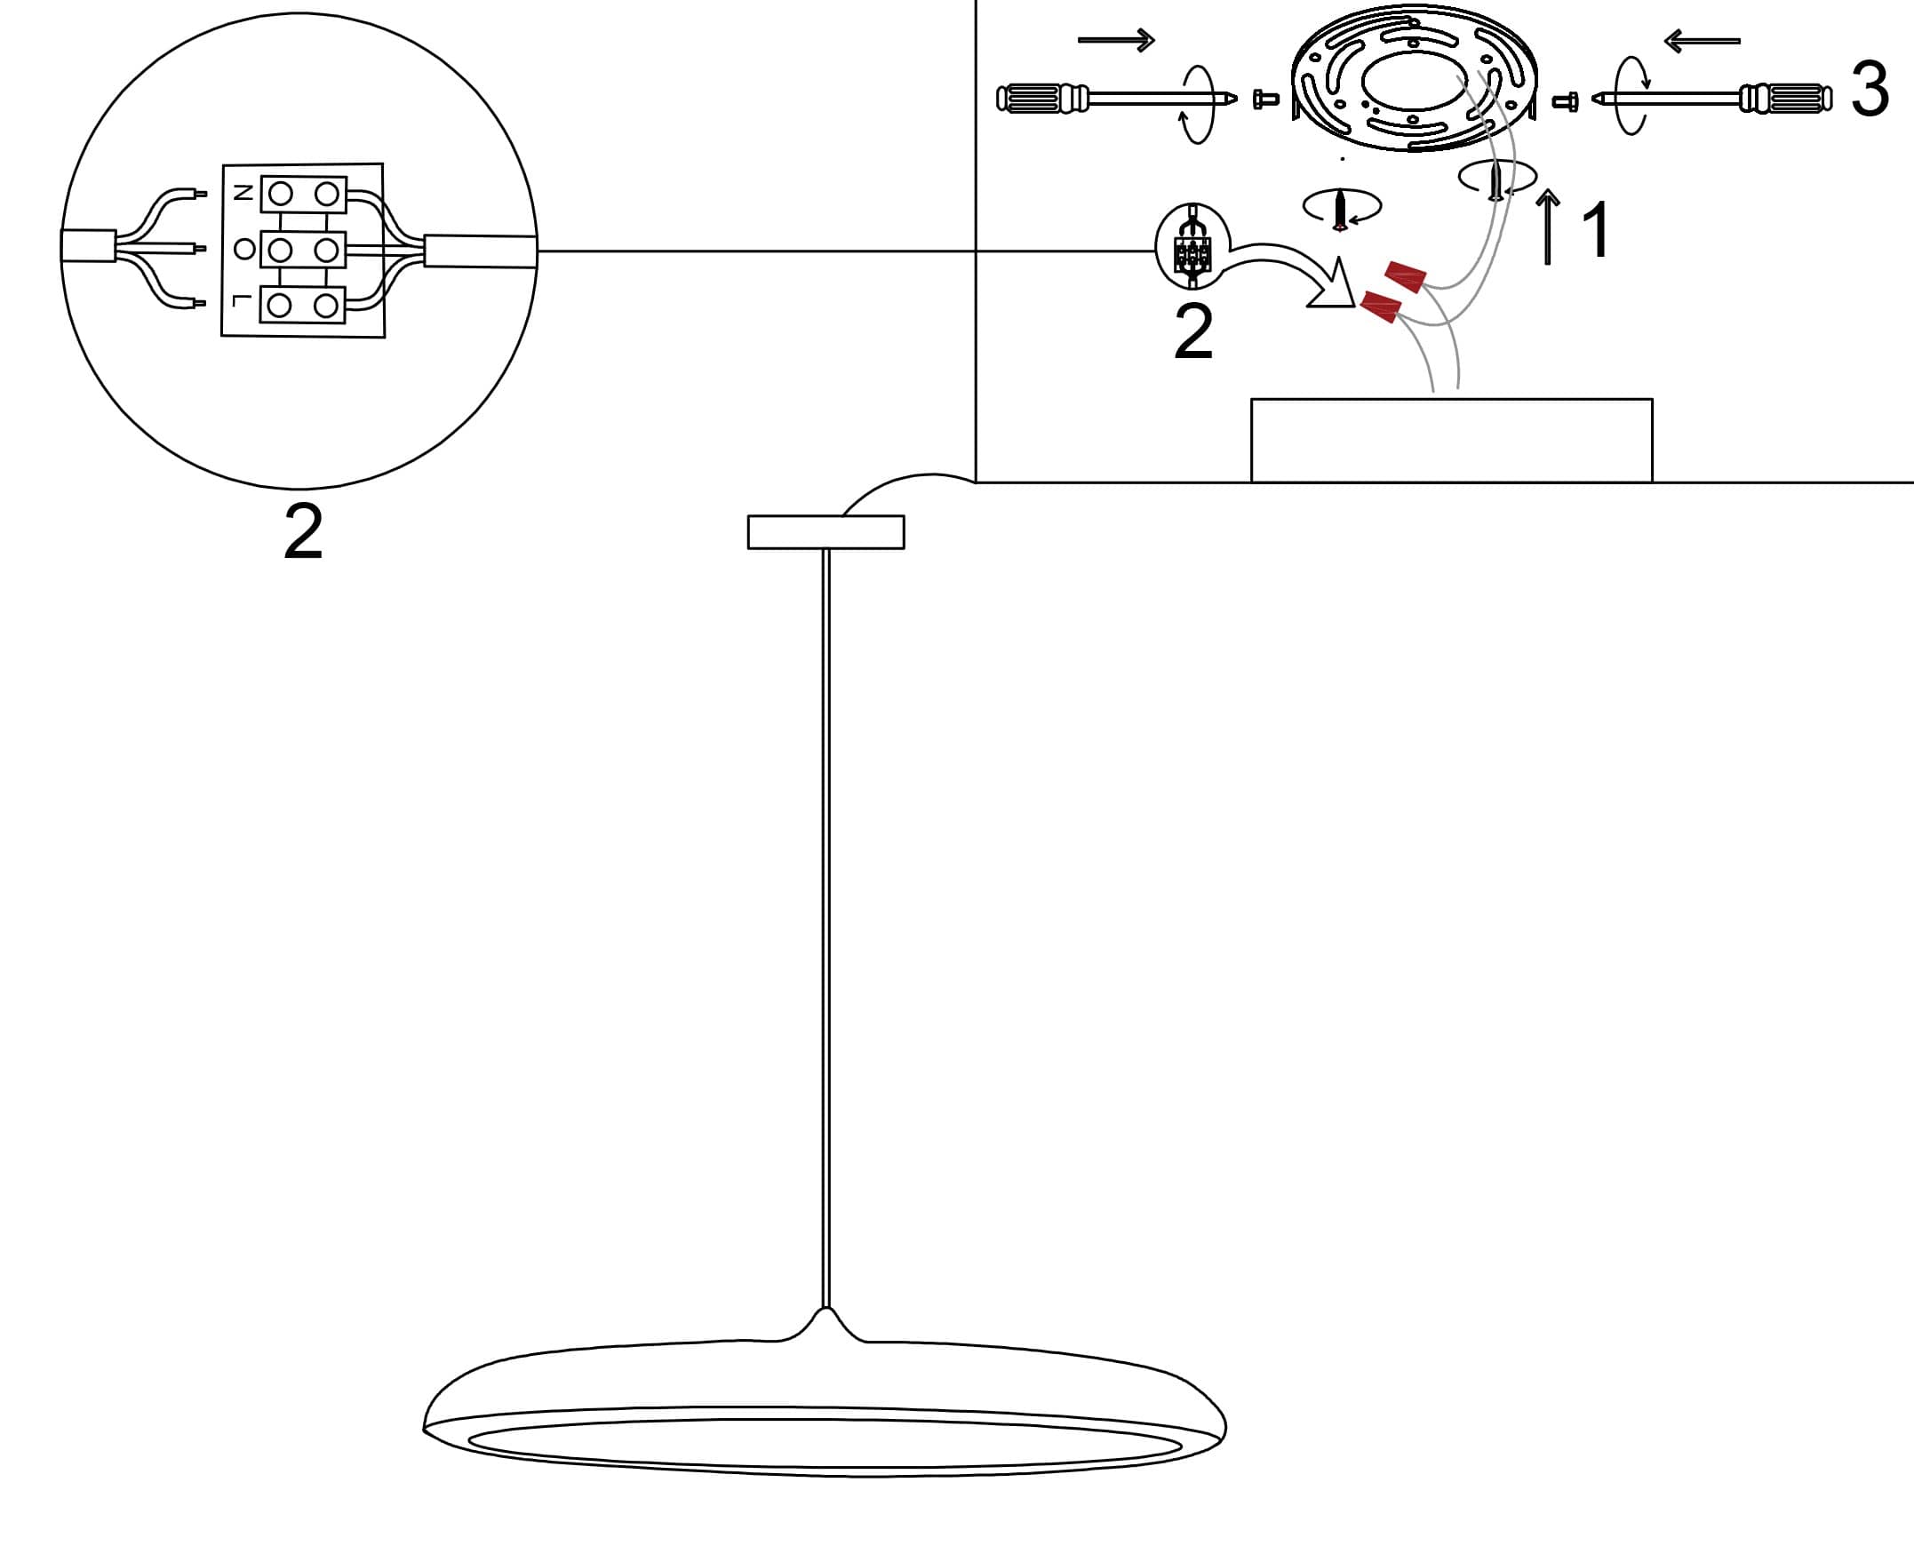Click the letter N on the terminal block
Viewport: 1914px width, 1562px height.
(243, 193)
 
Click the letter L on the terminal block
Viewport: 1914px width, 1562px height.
(239, 300)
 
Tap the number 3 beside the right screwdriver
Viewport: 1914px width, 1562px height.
(1870, 90)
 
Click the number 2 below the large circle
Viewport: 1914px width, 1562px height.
(303, 530)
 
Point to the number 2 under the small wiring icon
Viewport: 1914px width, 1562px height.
(1193, 332)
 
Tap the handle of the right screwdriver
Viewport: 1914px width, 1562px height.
(1785, 98)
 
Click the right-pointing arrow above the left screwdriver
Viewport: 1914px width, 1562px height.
(1116, 40)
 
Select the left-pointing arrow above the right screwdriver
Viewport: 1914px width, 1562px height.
(1702, 41)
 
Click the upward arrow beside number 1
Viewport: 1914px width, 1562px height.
(1547, 227)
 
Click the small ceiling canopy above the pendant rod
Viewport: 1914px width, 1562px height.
(825, 531)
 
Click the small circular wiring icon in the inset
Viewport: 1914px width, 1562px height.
(1192, 245)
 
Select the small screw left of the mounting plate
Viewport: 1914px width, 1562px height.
(1265, 98)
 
